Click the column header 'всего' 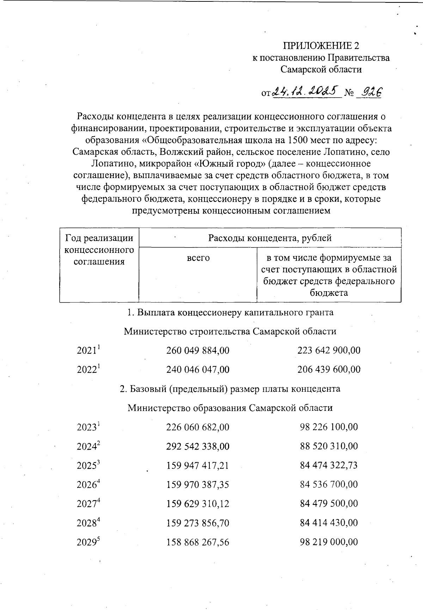point(198,258)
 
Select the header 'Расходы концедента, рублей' point(270,238)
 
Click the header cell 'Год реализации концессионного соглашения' point(99,250)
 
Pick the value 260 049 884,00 point(198,350)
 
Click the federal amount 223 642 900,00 point(329,350)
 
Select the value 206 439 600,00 point(329,370)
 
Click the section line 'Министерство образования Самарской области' point(230,408)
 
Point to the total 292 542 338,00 point(198,446)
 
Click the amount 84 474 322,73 point(329,465)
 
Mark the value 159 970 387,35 point(198,485)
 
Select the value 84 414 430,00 point(329,523)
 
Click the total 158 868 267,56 point(198,542)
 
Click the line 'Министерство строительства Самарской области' point(230,331)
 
